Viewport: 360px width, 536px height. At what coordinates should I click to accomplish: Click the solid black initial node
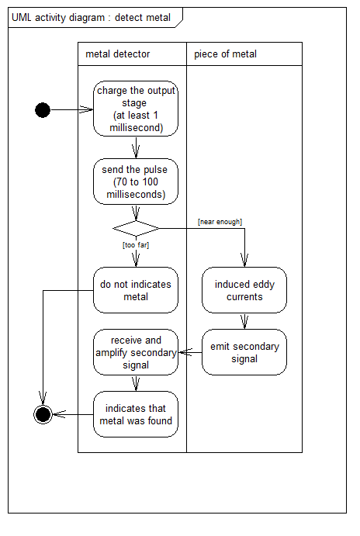(43, 110)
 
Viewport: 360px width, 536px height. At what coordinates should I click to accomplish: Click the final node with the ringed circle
(43, 415)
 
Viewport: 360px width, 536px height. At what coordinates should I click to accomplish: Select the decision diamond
(136, 228)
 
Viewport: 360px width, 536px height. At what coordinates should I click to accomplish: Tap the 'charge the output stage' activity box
(136, 109)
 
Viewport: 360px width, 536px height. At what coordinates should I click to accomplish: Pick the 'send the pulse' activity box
(136, 182)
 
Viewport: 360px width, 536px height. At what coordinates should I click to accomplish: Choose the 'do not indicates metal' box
(136, 290)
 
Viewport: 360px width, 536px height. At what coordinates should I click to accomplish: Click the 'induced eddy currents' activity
(244, 290)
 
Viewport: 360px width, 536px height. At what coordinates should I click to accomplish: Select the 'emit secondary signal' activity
(244, 352)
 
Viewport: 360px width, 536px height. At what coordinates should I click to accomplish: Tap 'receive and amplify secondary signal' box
(136, 352)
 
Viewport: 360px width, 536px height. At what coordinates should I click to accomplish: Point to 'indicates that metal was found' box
(136, 414)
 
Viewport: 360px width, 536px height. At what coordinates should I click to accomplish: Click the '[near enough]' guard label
(220, 222)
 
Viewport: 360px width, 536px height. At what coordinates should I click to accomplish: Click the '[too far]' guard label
(136, 245)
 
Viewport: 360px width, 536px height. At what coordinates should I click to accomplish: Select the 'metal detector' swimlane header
(118, 54)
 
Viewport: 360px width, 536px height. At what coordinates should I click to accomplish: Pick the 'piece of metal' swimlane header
(225, 54)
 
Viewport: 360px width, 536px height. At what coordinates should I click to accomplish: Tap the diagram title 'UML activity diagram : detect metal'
(91, 17)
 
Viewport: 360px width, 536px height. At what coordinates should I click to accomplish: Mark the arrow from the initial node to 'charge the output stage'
(72, 109)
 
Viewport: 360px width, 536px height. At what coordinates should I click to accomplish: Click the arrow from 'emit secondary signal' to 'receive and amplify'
(190, 352)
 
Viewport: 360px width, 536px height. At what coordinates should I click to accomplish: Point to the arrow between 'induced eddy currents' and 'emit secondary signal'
(244, 321)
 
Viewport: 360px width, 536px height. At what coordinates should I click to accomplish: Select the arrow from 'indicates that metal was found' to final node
(73, 415)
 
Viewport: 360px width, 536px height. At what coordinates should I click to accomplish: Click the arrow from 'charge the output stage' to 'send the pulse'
(136, 147)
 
